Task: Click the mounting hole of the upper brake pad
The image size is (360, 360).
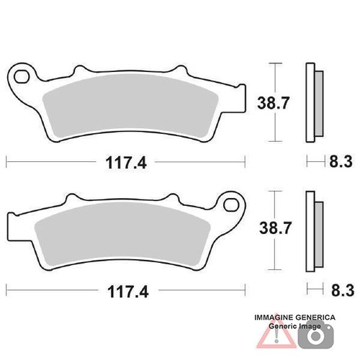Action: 21,77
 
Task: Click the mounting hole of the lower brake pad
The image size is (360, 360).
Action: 231,204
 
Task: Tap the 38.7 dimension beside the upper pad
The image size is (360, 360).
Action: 272,103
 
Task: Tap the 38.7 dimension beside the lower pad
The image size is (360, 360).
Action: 275,228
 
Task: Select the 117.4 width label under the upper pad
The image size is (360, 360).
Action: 126,163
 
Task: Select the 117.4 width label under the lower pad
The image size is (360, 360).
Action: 128,291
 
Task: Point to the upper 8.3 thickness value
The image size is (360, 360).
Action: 341,161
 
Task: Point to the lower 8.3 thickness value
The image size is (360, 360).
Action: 343,290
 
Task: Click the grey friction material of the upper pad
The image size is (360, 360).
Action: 130,106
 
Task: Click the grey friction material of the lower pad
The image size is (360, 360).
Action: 122,234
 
